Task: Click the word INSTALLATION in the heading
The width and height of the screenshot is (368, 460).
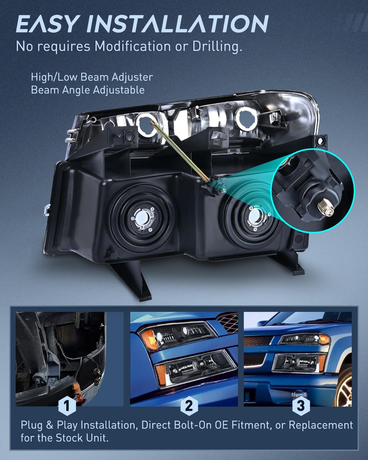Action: coord(178,24)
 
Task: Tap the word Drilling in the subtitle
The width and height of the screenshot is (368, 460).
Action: coord(217,46)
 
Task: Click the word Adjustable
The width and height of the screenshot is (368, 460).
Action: coord(118,90)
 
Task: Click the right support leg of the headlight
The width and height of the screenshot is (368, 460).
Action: coord(288,263)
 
